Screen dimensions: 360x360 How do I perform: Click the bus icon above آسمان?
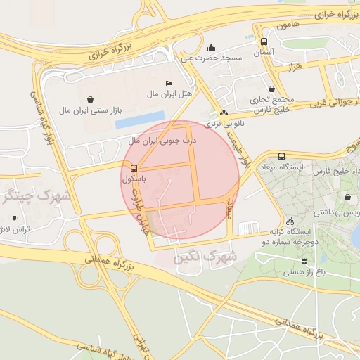[264, 41]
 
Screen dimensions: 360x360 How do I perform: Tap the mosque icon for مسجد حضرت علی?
[211, 48]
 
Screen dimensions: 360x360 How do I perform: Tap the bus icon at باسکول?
[134, 168]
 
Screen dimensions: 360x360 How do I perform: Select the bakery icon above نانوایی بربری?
[224, 112]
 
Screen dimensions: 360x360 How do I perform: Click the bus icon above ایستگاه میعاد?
[282, 156]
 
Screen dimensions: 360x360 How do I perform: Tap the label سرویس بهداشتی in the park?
[336, 212]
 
